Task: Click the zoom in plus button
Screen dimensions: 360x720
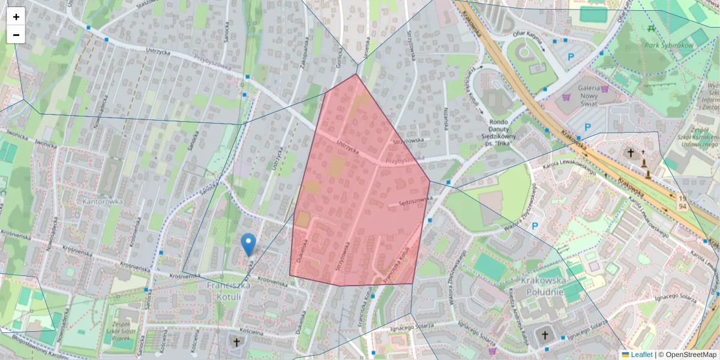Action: tap(16, 17)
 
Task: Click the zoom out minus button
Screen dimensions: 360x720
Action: tap(16, 35)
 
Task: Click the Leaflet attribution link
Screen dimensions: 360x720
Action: tap(641, 355)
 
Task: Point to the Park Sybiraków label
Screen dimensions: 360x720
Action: tap(669, 45)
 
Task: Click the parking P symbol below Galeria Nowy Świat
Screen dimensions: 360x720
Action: tap(588, 127)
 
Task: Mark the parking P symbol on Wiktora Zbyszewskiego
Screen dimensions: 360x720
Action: tap(535, 226)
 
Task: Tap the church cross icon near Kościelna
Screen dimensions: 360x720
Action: tap(236, 343)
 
